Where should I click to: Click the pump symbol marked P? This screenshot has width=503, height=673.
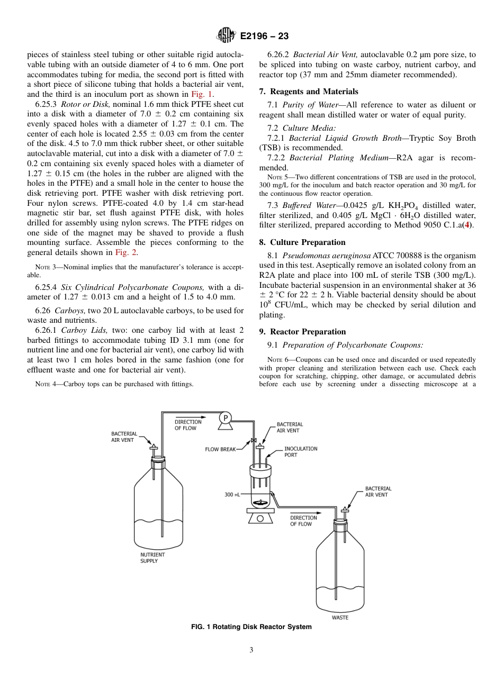226,418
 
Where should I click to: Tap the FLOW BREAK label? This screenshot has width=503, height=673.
220,449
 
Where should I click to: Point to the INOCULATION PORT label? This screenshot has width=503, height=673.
301,452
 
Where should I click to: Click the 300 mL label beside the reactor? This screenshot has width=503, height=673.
232,495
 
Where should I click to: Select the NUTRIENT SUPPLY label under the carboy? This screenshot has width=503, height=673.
152,558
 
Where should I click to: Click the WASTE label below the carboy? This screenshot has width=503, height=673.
340,617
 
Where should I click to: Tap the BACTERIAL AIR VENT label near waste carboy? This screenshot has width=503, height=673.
378,492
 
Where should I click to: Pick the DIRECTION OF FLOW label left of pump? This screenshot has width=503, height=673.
188,425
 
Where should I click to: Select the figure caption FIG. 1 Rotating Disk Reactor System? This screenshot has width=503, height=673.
251,627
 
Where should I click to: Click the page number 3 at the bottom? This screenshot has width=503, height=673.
251,650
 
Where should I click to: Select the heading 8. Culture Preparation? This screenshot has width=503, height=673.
302,242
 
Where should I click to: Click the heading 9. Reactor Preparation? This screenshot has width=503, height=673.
302,332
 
